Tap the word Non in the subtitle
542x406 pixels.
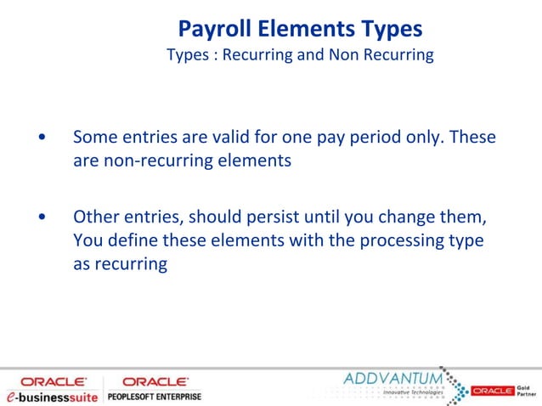pyautogui.click(x=342, y=56)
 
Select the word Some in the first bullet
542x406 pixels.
pyautogui.click(x=94, y=137)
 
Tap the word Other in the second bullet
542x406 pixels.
pyautogui.click(x=96, y=217)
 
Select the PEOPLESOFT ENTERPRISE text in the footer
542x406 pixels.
pyautogui.click(x=154, y=397)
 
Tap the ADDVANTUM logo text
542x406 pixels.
pyautogui.click(x=392, y=376)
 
